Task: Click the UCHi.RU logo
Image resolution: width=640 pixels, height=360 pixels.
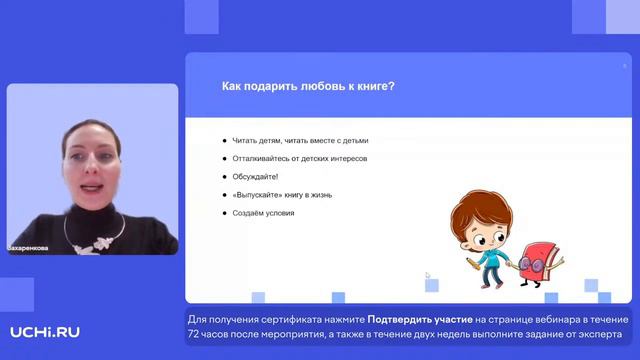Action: pyautogui.click(x=44, y=332)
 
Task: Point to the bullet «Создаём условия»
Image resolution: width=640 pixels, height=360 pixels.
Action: pyautogui.click(x=262, y=213)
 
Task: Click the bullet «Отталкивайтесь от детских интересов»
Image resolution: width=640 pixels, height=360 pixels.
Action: pyautogui.click(x=299, y=159)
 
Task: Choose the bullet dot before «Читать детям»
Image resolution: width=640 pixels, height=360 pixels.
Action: pyautogui.click(x=224, y=141)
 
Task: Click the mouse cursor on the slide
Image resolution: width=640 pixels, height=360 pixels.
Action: pyautogui.click(x=427, y=275)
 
